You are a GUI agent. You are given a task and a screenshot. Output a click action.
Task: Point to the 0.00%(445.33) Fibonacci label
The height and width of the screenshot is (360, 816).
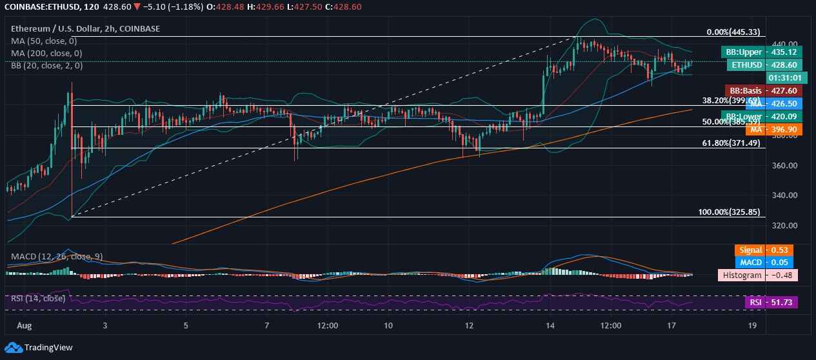[733, 32]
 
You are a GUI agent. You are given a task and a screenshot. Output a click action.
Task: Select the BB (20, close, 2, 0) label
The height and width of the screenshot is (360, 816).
[46, 65]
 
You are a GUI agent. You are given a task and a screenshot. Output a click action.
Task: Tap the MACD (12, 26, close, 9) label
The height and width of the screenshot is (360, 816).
[57, 256]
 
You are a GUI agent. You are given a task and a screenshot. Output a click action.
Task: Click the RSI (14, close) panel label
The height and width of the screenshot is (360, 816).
[38, 298]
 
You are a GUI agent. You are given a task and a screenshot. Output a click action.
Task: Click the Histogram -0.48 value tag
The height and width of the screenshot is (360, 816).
[758, 275]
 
